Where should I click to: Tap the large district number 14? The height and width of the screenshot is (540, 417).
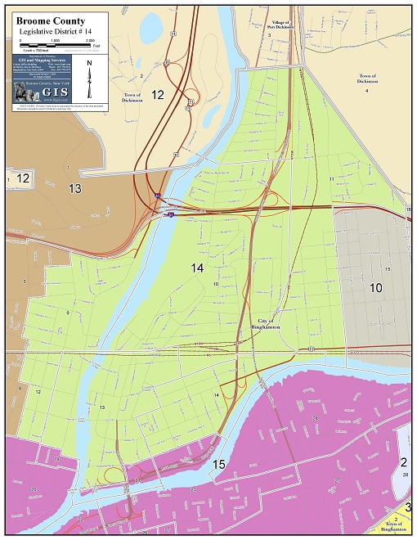coord(198,268)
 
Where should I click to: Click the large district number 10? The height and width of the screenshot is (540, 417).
coord(375,288)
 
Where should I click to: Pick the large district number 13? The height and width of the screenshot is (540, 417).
coord(75,189)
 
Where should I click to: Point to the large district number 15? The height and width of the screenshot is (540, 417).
coord(219,464)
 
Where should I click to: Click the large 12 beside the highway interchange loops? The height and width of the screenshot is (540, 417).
coord(157,95)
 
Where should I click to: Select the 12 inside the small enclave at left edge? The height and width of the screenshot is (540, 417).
coord(23,178)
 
